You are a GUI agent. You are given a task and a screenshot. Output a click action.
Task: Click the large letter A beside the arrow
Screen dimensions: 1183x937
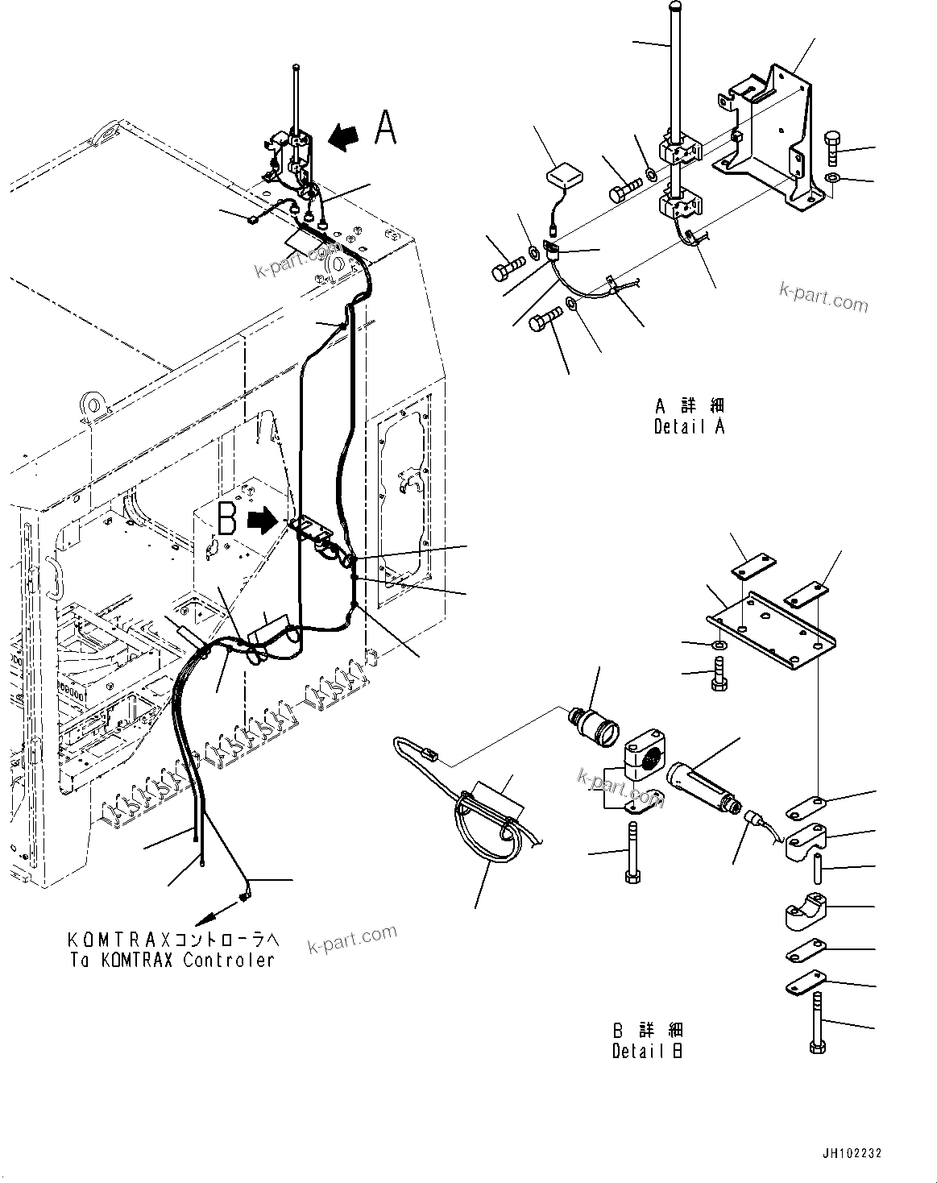[x=386, y=128]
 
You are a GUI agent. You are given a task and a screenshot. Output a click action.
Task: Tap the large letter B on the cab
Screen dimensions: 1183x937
[x=227, y=520]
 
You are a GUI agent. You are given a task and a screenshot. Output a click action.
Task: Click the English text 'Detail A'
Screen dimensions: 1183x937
[x=689, y=427]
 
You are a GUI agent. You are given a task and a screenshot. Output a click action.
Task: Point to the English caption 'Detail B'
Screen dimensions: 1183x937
[x=647, y=1051]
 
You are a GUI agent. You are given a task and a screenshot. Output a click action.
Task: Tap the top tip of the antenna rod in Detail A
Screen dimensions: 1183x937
[x=674, y=8]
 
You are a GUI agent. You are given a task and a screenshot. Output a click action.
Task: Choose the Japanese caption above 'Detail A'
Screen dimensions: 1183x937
[x=689, y=405]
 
